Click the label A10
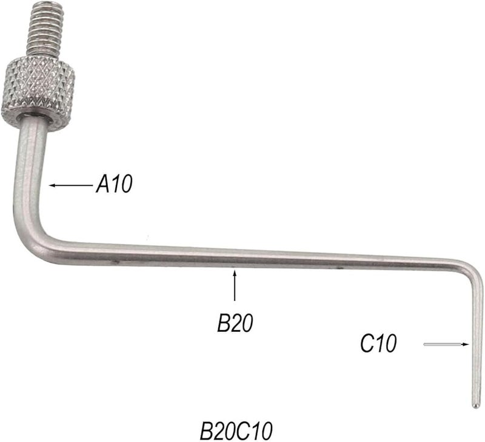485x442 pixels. [113, 184]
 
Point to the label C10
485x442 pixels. [378, 344]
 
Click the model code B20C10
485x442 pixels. [237, 431]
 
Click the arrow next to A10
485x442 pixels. [71, 185]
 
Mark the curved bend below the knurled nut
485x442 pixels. [30, 233]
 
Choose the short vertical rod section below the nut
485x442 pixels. [28, 157]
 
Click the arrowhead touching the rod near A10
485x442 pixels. [52, 185]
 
